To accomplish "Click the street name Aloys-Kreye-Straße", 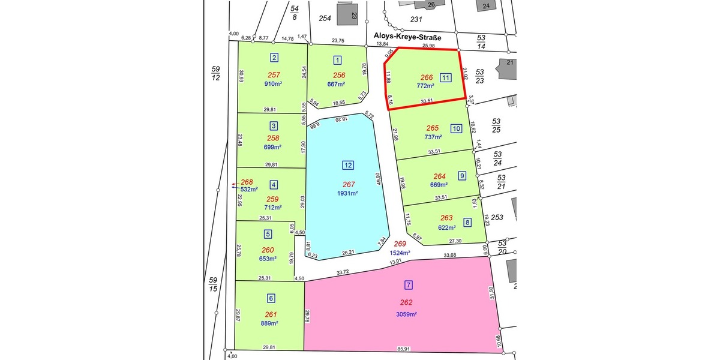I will pyautogui.click(x=408, y=38).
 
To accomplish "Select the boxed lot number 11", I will pyautogui.click(x=445, y=77).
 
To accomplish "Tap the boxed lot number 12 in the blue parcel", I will pyautogui.click(x=348, y=165).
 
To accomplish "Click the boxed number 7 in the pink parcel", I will pyautogui.click(x=409, y=285).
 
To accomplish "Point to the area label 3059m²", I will pyautogui.click(x=406, y=314).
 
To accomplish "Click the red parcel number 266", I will pyautogui.click(x=427, y=77).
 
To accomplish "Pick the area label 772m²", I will pyautogui.click(x=425, y=86).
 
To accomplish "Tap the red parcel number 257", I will pyautogui.click(x=274, y=75).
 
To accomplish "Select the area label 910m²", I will pyautogui.click(x=273, y=84).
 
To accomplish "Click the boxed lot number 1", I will pyautogui.click(x=338, y=59).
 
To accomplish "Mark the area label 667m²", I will pyautogui.click(x=338, y=84).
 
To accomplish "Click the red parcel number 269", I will pyautogui.click(x=400, y=244).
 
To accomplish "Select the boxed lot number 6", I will pyautogui.click(x=271, y=298).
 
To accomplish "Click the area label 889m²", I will pyautogui.click(x=269, y=323).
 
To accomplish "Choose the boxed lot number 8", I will pyautogui.click(x=467, y=223).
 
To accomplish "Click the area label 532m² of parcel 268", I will pyautogui.click(x=248, y=190).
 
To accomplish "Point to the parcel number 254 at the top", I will pyautogui.click(x=325, y=18).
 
